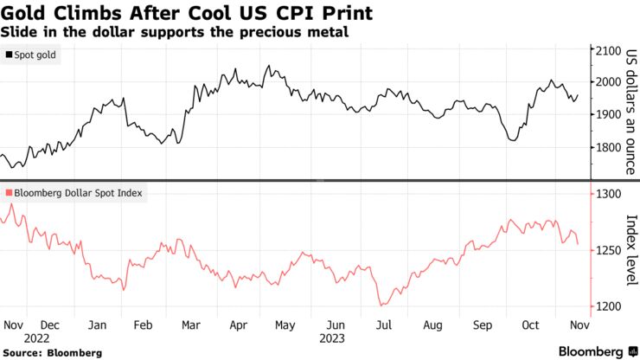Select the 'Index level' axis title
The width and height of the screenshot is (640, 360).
(x=630, y=249)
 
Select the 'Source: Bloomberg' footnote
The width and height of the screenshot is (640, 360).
(x=51, y=353)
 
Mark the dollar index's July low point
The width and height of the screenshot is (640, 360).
(x=381, y=305)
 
